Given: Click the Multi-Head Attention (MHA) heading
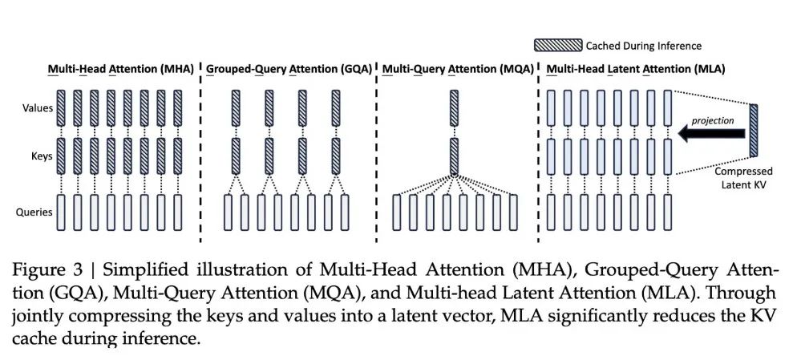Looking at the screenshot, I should coord(121,70).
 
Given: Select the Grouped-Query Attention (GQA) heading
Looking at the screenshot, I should coord(289,70).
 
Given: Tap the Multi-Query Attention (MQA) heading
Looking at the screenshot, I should coord(458,70).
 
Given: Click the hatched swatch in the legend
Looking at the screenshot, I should coord(558,46).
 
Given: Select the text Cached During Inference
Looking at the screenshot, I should coord(643,46).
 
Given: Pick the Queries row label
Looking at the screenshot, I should coord(34,212).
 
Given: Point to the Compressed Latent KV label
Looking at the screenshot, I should coord(744,178).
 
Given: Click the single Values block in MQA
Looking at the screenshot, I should coord(453,107).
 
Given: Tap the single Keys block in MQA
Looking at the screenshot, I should coord(453,156).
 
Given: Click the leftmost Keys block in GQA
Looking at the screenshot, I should coord(236,156).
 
